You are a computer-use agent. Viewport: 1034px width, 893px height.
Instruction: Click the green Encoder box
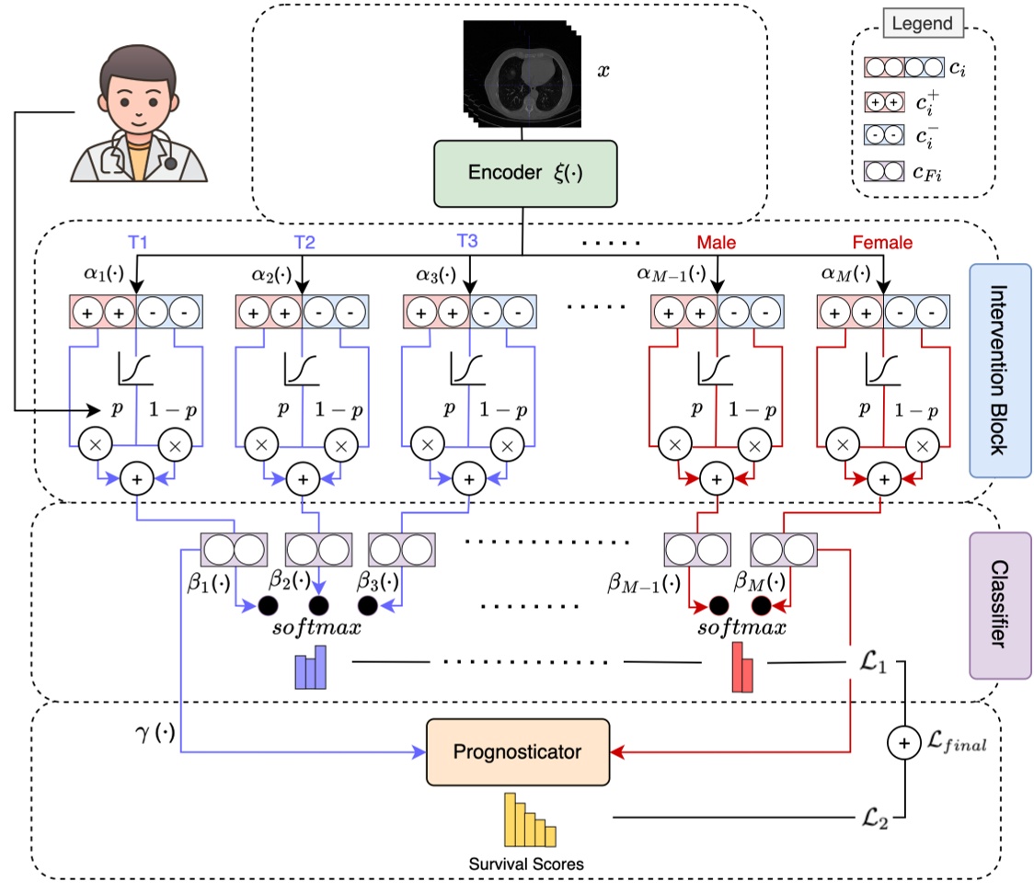click(523, 173)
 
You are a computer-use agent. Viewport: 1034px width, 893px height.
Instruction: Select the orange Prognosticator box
click(518, 751)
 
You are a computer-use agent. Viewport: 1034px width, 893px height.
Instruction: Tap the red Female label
click(882, 243)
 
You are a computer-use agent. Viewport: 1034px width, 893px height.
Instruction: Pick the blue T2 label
click(304, 243)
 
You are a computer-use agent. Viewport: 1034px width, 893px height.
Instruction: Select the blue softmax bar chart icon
click(311, 667)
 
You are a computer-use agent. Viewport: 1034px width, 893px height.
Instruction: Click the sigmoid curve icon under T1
click(135, 370)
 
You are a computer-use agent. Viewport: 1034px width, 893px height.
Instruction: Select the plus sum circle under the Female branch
click(884, 478)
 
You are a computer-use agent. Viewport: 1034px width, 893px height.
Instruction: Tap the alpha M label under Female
click(842, 274)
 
